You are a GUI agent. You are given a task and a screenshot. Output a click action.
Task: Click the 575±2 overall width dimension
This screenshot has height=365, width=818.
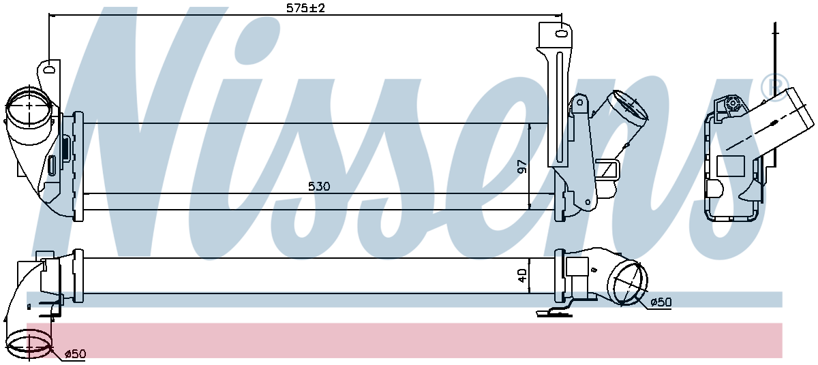(x=305, y=8)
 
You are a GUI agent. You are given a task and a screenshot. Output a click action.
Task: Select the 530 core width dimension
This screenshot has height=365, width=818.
(x=319, y=187)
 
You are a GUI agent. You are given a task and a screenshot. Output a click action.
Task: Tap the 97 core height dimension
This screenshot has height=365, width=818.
(x=523, y=167)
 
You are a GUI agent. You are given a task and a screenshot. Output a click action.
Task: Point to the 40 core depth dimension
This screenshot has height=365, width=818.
(x=523, y=275)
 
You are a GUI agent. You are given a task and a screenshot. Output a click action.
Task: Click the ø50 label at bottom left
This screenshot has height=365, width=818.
(x=75, y=353)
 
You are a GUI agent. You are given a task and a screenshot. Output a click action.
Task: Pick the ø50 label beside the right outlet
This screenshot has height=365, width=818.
(x=661, y=302)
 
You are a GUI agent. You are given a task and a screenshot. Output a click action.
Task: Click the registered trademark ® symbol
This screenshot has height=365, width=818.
(x=774, y=86)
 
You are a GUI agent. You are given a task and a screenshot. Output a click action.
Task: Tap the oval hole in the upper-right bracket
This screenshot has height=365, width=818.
(x=560, y=34)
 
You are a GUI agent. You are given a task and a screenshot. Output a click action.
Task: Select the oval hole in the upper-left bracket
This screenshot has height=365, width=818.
(x=48, y=69)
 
